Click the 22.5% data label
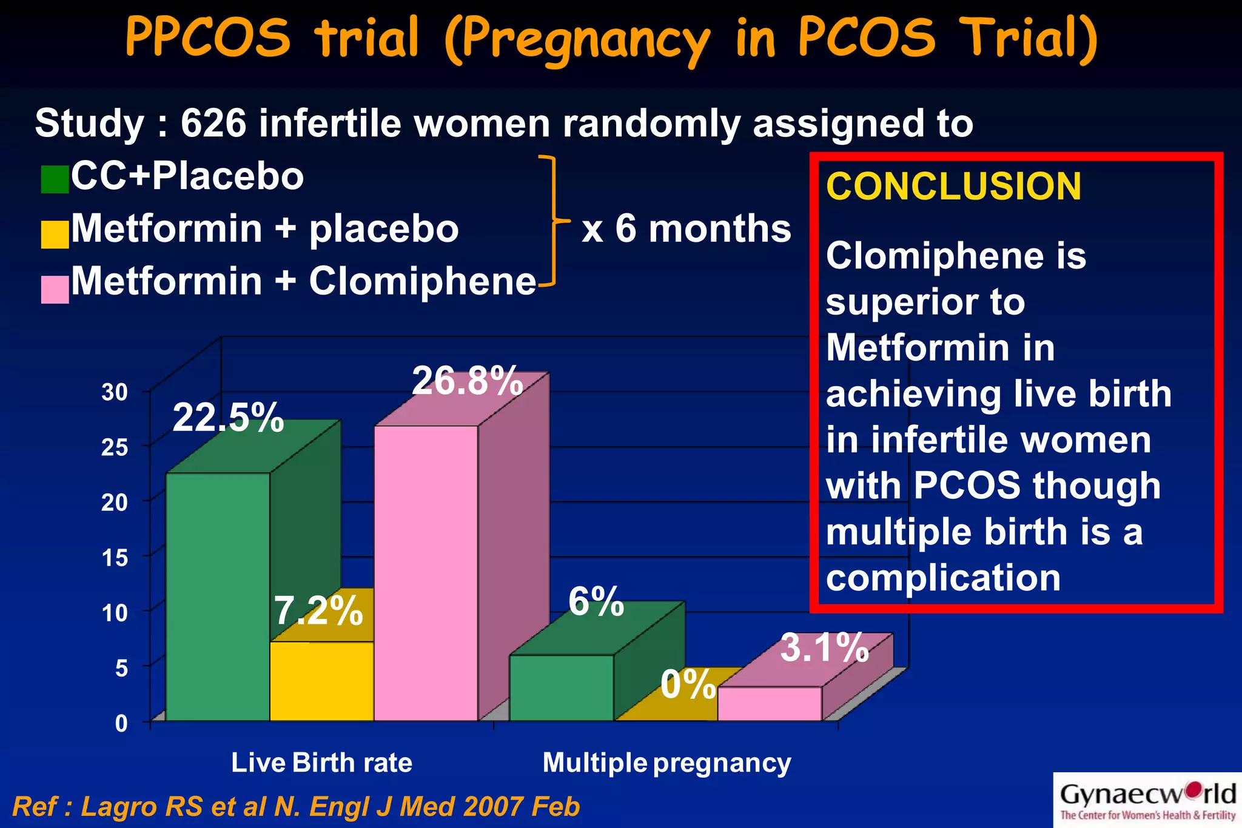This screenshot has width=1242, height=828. coord(228,418)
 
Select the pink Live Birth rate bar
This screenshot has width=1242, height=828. coord(426,573)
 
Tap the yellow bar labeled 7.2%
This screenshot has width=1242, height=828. coord(321,680)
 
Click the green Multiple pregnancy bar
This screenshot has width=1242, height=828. coord(561,687)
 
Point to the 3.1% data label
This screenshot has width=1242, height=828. coord(824,647)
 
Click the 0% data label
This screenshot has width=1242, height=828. coord(688,685)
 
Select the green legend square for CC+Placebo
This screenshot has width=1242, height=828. coord(55,179)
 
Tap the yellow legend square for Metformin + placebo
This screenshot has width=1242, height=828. coord(55,234)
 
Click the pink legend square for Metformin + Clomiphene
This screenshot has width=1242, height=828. coord(55,289)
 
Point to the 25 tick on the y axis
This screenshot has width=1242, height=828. coord(115,447)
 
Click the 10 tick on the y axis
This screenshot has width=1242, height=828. coord(115,613)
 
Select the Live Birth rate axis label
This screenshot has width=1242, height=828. coord(321,763)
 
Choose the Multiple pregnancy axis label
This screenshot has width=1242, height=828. coord(666,763)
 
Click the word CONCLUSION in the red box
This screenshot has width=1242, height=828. coord(953,186)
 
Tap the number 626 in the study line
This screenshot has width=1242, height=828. coord(213,124)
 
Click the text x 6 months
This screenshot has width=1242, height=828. coord(686,229)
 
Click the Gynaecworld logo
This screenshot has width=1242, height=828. coord(1147,800)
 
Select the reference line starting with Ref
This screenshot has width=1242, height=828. coord(296,807)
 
